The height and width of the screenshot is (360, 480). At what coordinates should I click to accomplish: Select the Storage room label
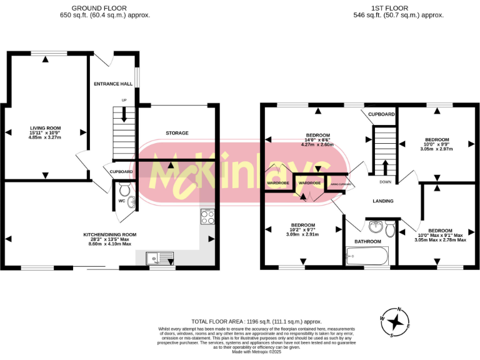coord(177,133)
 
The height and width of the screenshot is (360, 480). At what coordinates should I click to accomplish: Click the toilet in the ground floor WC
coord(124,189)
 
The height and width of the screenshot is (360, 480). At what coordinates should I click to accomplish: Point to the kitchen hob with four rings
coord(207,217)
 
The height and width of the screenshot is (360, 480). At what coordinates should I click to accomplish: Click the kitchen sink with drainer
coord(160,257)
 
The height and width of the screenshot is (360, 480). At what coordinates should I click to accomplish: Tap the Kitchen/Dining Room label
coord(109,235)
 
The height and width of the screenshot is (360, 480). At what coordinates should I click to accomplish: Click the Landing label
coord(382,201)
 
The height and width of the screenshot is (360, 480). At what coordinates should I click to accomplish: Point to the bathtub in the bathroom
coord(367,256)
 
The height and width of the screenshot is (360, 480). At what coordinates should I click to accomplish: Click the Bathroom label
coord(367,241)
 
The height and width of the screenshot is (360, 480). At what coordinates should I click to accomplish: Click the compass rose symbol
coord(395,322)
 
